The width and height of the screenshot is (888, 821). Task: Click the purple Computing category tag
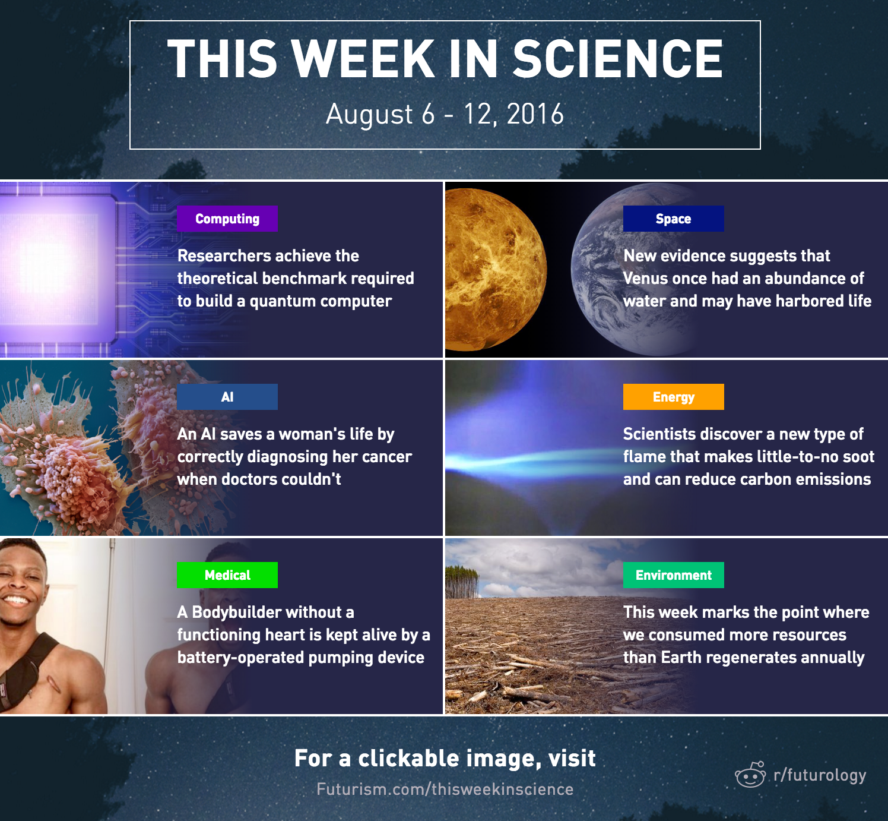coord(227,219)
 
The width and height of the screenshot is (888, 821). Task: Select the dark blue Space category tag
coord(673,219)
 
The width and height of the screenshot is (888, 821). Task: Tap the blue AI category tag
coord(227,397)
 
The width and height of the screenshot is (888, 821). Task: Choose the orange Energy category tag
coord(673,397)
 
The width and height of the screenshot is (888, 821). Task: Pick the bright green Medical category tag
coord(227,575)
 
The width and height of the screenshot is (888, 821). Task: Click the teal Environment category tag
coord(673,575)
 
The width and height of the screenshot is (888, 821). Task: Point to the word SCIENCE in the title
coord(617,59)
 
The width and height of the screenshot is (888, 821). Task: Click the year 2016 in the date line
coord(535,114)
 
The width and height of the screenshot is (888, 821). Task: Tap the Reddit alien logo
coord(751,775)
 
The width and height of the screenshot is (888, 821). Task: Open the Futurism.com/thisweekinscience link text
coord(445,789)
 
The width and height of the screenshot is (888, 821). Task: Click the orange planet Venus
coord(496,270)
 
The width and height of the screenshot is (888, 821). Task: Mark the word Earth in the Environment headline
coord(681,658)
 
